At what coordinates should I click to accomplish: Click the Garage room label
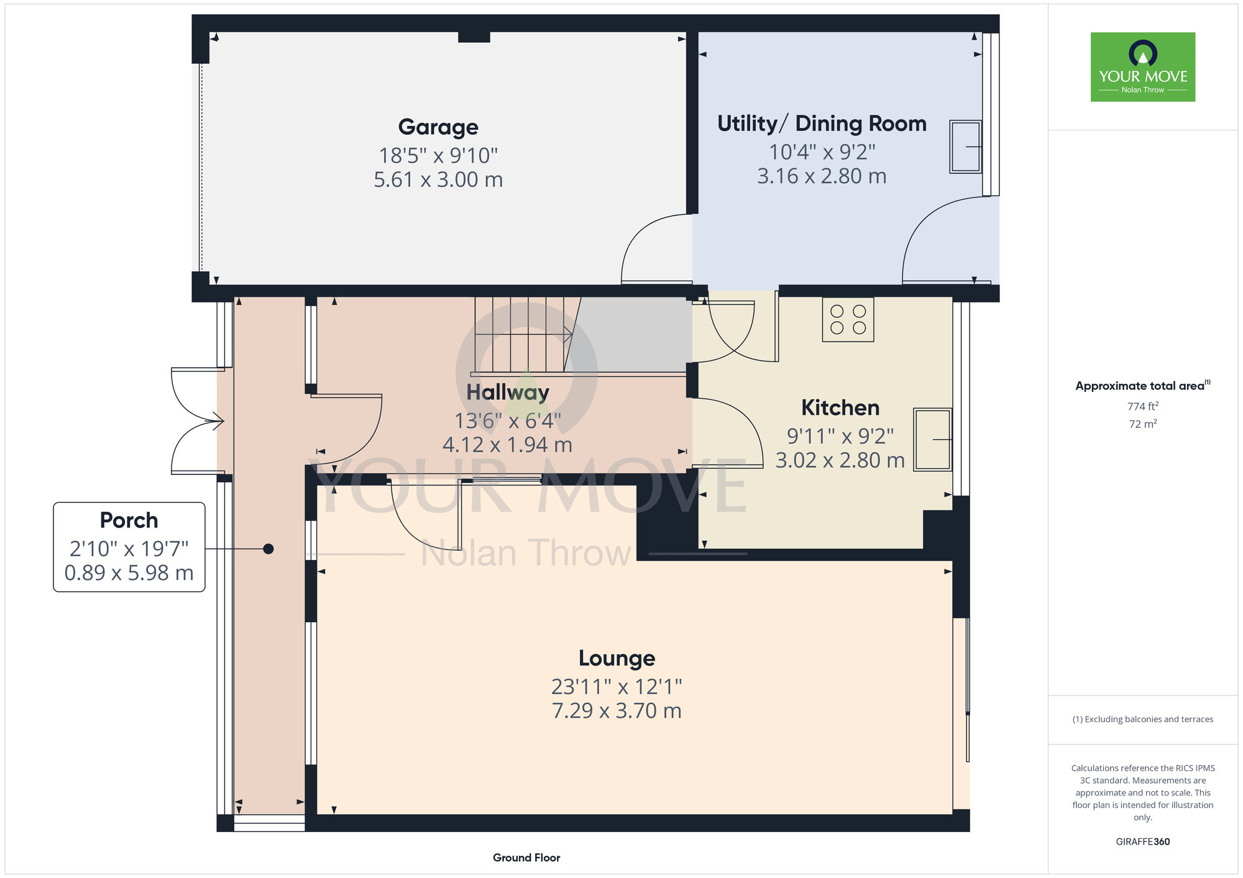pyautogui.click(x=438, y=127)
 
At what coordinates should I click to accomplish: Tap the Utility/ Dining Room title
pyautogui.click(x=822, y=124)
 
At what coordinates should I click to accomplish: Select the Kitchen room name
pyautogui.click(x=840, y=408)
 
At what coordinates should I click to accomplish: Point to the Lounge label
pyautogui.click(x=617, y=658)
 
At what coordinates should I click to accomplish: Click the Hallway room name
pyautogui.click(x=508, y=392)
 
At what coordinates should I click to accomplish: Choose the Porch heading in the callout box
pyautogui.click(x=129, y=520)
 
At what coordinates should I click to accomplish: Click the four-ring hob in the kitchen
pyautogui.click(x=848, y=319)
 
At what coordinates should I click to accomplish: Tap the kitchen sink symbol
pyautogui.click(x=932, y=440)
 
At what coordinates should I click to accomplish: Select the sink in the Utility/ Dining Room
pyautogui.click(x=966, y=147)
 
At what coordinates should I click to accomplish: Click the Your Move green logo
pyautogui.click(x=1143, y=67)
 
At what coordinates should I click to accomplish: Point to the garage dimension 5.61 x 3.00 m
pyautogui.click(x=438, y=179)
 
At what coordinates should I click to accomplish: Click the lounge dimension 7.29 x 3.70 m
pyautogui.click(x=617, y=710)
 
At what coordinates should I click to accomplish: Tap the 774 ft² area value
pyautogui.click(x=1143, y=406)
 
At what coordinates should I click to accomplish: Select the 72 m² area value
pyautogui.click(x=1143, y=424)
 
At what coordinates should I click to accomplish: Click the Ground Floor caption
pyautogui.click(x=526, y=858)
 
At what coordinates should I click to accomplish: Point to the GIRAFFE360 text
pyautogui.click(x=1143, y=842)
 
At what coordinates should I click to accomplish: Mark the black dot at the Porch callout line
pyautogui.click(x=268, y=549)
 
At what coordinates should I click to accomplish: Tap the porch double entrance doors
pyautogui.click(x=198, y=421)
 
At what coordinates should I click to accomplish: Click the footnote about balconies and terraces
pyautogui.click(x=1143, y=719)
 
